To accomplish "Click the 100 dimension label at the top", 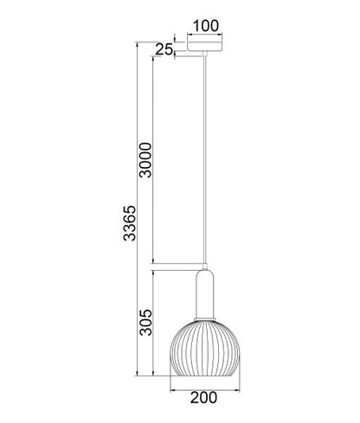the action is click(x=206, y=26).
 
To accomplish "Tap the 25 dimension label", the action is click(x=164, y=49).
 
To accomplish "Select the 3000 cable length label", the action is click(x=145, y=160).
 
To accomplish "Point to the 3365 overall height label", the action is click(x=129, y=223).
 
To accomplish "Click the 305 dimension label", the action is click(x=145, y=323).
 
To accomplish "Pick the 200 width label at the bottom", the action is click(x=203, y=398).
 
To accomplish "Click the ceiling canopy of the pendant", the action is click(x=205, y=47).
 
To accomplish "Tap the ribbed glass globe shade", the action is click(x=205, y=348).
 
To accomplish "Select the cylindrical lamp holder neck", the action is click(x=205, y=293).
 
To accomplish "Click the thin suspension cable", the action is click(x=205, y=159).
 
